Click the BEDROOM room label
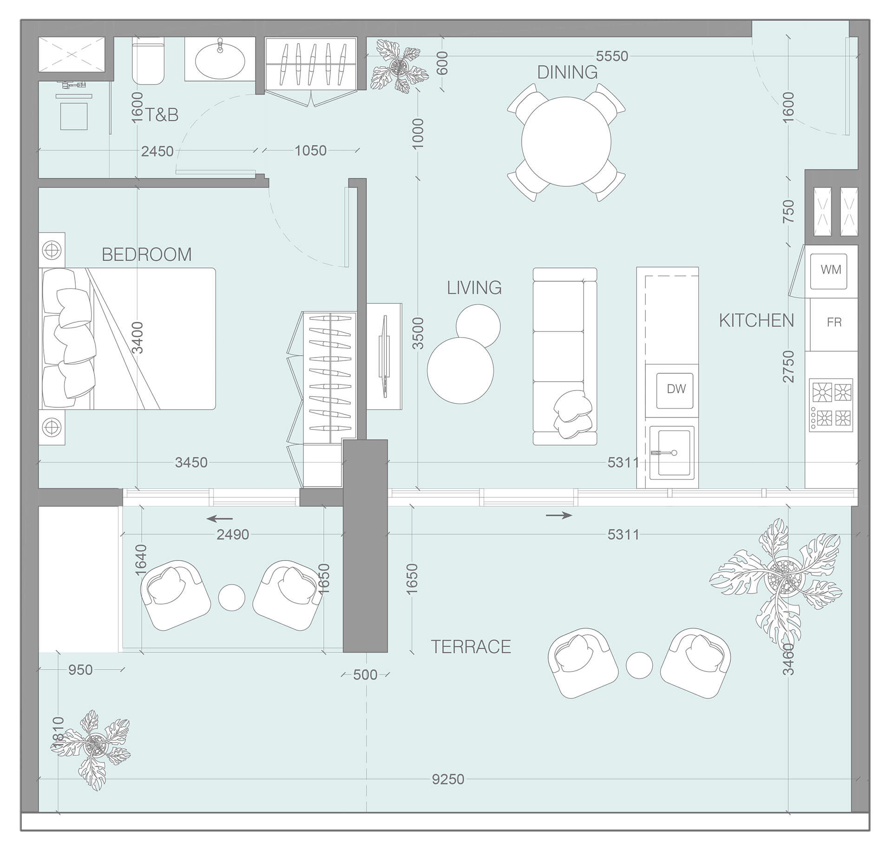146,254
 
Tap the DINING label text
567,72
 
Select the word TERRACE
471,646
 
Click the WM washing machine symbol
830,270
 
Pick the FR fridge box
833,323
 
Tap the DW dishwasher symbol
676,389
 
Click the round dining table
566,141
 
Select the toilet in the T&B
148,61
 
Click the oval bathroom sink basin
220,60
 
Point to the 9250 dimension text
447,779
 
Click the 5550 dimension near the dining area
612,56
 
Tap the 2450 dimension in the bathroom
157,151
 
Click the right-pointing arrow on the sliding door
559,515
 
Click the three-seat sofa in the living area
564,356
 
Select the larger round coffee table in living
459,371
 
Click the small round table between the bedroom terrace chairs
231,598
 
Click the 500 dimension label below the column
365,675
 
